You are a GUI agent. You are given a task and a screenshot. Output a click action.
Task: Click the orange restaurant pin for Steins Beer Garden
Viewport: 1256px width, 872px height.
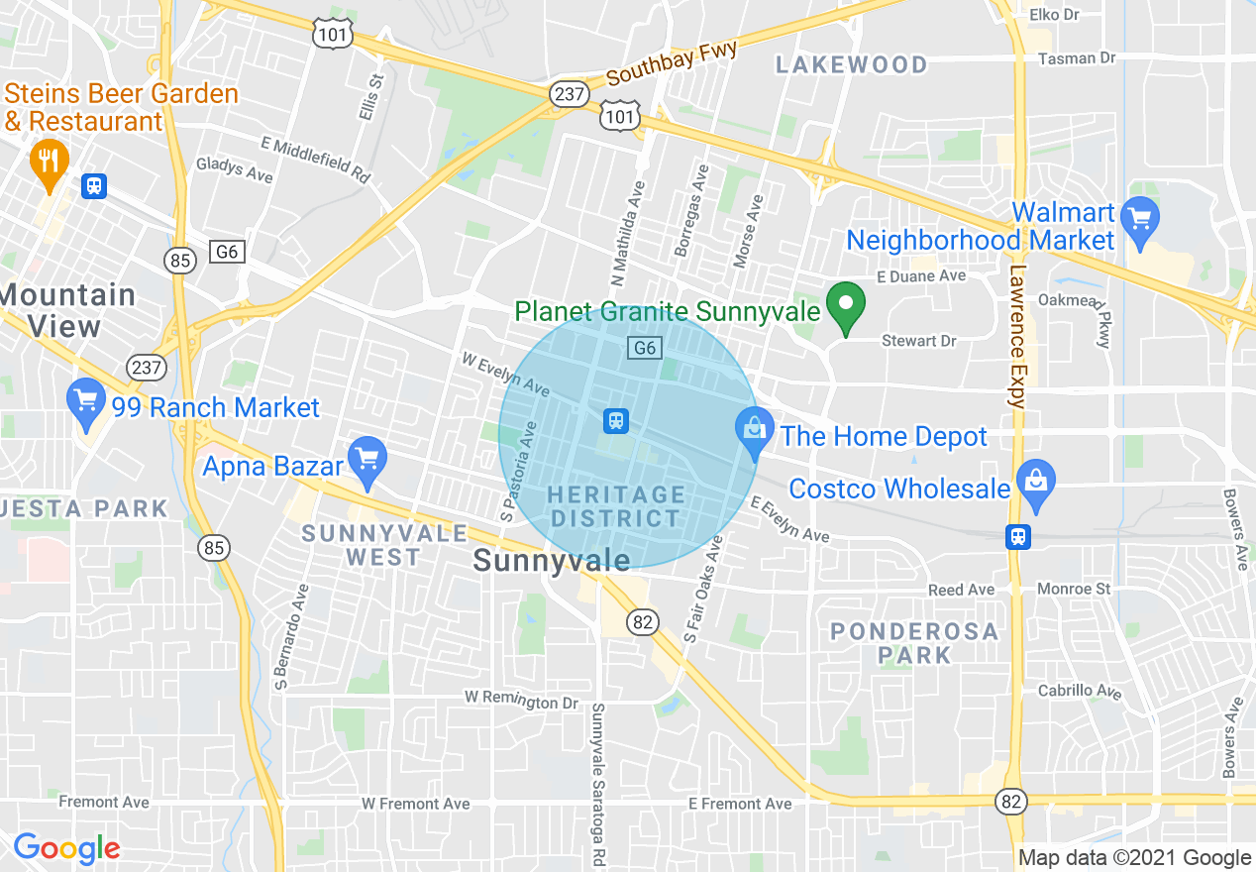[x=49, y=161]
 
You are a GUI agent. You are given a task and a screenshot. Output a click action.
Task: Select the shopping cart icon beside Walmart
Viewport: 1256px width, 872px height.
[x=1140, y=213]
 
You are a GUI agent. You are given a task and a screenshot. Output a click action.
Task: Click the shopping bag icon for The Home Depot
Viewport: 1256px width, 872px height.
[x=755, y=431]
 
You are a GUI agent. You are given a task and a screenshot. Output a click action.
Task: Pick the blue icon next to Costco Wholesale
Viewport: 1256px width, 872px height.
[x=1036, y=484]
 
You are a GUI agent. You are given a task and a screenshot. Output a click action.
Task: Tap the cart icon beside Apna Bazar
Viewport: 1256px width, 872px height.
[x=367, y=460]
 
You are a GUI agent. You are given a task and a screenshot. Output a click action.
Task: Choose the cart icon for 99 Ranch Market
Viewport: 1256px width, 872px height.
[x=86, y=402]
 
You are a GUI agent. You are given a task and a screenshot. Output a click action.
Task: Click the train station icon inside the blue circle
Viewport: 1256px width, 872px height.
[x=616, y=421]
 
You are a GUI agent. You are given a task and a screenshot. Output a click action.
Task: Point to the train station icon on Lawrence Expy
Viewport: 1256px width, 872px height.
[x=1017, y=536]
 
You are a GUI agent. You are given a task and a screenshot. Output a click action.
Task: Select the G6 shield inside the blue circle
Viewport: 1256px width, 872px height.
[x=645, y=348]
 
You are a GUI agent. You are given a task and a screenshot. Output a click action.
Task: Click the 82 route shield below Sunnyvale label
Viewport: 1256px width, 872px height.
[x=641, y=621]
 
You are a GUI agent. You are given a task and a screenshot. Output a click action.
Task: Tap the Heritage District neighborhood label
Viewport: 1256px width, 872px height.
[x=616, y=506]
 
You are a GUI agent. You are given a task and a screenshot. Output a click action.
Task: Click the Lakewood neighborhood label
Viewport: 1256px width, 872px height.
[x=852, y=65]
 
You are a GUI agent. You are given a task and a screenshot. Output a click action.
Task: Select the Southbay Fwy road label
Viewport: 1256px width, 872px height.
[x=673, y=62]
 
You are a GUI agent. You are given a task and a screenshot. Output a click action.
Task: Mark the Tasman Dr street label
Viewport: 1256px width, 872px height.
[x=1077, y=58]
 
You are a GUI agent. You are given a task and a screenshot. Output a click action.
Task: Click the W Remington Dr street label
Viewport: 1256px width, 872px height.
[x=521, y=700]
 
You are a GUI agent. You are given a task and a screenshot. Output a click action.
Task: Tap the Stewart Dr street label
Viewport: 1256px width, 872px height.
[x=919, y=341]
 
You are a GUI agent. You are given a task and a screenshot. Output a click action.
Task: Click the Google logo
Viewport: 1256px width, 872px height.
[x=66, y=848]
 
